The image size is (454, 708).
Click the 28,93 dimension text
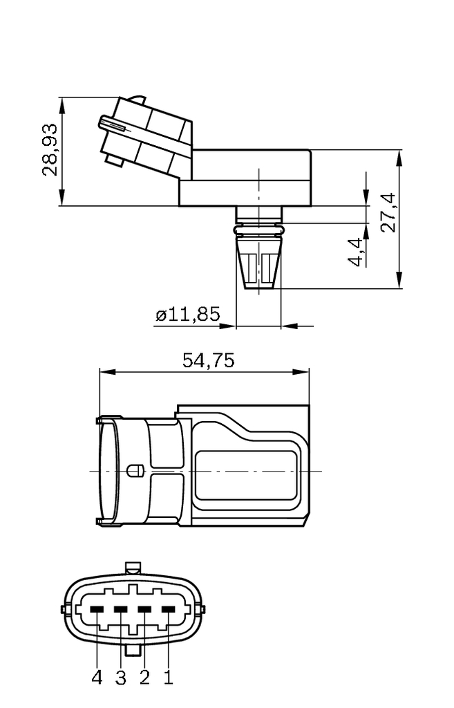tap(50, 151)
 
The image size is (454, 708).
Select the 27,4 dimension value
tap(388, 213)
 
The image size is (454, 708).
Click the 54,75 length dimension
tap(208, 360)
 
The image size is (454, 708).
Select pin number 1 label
tap(167, 678)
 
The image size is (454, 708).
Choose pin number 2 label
tap(144, 678)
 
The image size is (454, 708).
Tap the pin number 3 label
tap(121, 678)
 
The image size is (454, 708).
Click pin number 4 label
tap(97, 678)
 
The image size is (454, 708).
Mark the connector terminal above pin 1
tap(168, 609)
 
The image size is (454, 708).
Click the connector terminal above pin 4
tap(97, 609)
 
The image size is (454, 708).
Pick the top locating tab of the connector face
tap(134, 568)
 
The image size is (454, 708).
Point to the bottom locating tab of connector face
tap(134, 650)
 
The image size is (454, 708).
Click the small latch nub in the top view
tap(135, 470)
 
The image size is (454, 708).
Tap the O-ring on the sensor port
tap(259, 227)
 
